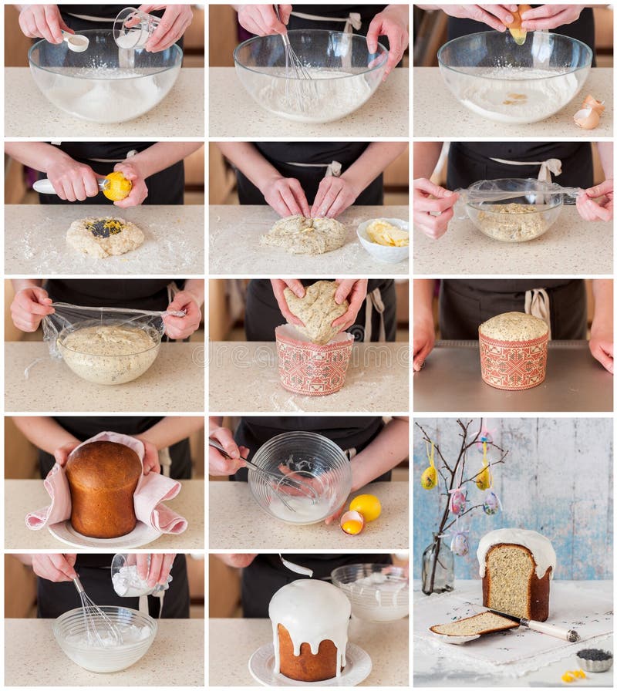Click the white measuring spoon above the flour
76,42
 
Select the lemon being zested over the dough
116,186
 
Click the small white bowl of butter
384,238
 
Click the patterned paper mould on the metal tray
514,360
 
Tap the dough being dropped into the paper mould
317,310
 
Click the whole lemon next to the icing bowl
366,507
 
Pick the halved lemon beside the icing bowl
352,523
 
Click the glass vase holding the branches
437,567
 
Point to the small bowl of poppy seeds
594,658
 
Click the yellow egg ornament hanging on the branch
429,477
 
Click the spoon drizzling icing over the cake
296,567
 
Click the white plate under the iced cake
308,668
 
